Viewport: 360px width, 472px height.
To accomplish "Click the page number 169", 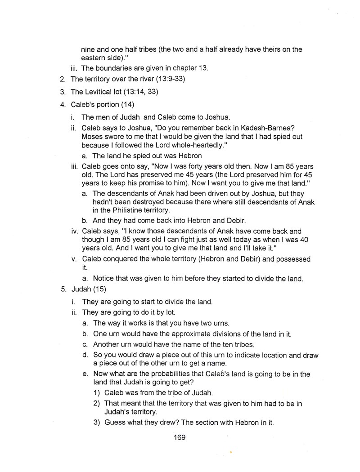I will pyautogui.click(x=179, y=437).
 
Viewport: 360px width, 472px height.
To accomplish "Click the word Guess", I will pyautogui.click(x=115, y=423).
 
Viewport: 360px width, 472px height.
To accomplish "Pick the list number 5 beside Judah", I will pyautogui.click(x=63, y=289).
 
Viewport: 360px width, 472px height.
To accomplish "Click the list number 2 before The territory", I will pyautogui.click(x=63, y=79).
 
